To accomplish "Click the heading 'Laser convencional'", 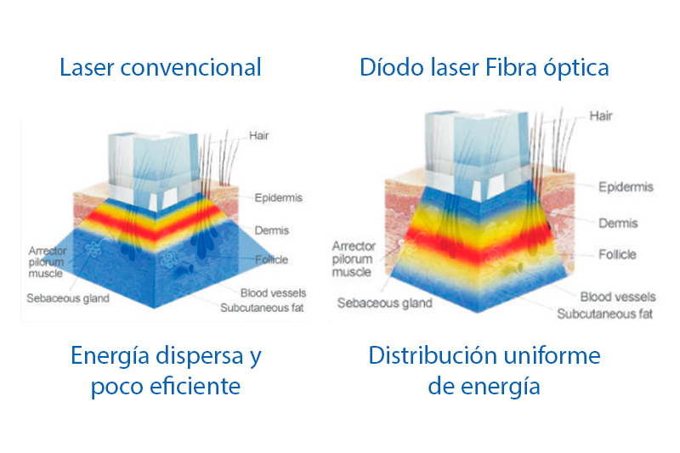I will pyautogui.click(x=160, y=67).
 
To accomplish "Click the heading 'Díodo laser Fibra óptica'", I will pyautogui.click(x=484, y=67).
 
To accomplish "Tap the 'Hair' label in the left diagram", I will pyautogui.click(x=259, y=135).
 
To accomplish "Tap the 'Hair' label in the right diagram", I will pyautogui.click(x=600, y=116).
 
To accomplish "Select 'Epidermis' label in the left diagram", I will pyautogui.click(x=278, y=198).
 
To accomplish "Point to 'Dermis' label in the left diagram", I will pyautogui.click(x=272, y=230).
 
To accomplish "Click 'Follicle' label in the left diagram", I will pyautogui.click(x=271, y=259).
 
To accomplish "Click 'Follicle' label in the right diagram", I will pyautogui.click(x=617, y=254).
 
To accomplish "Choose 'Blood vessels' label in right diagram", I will pyautogui.click(x=618, y=297).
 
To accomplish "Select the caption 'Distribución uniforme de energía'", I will pyautogui.click(x=484, y=371).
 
